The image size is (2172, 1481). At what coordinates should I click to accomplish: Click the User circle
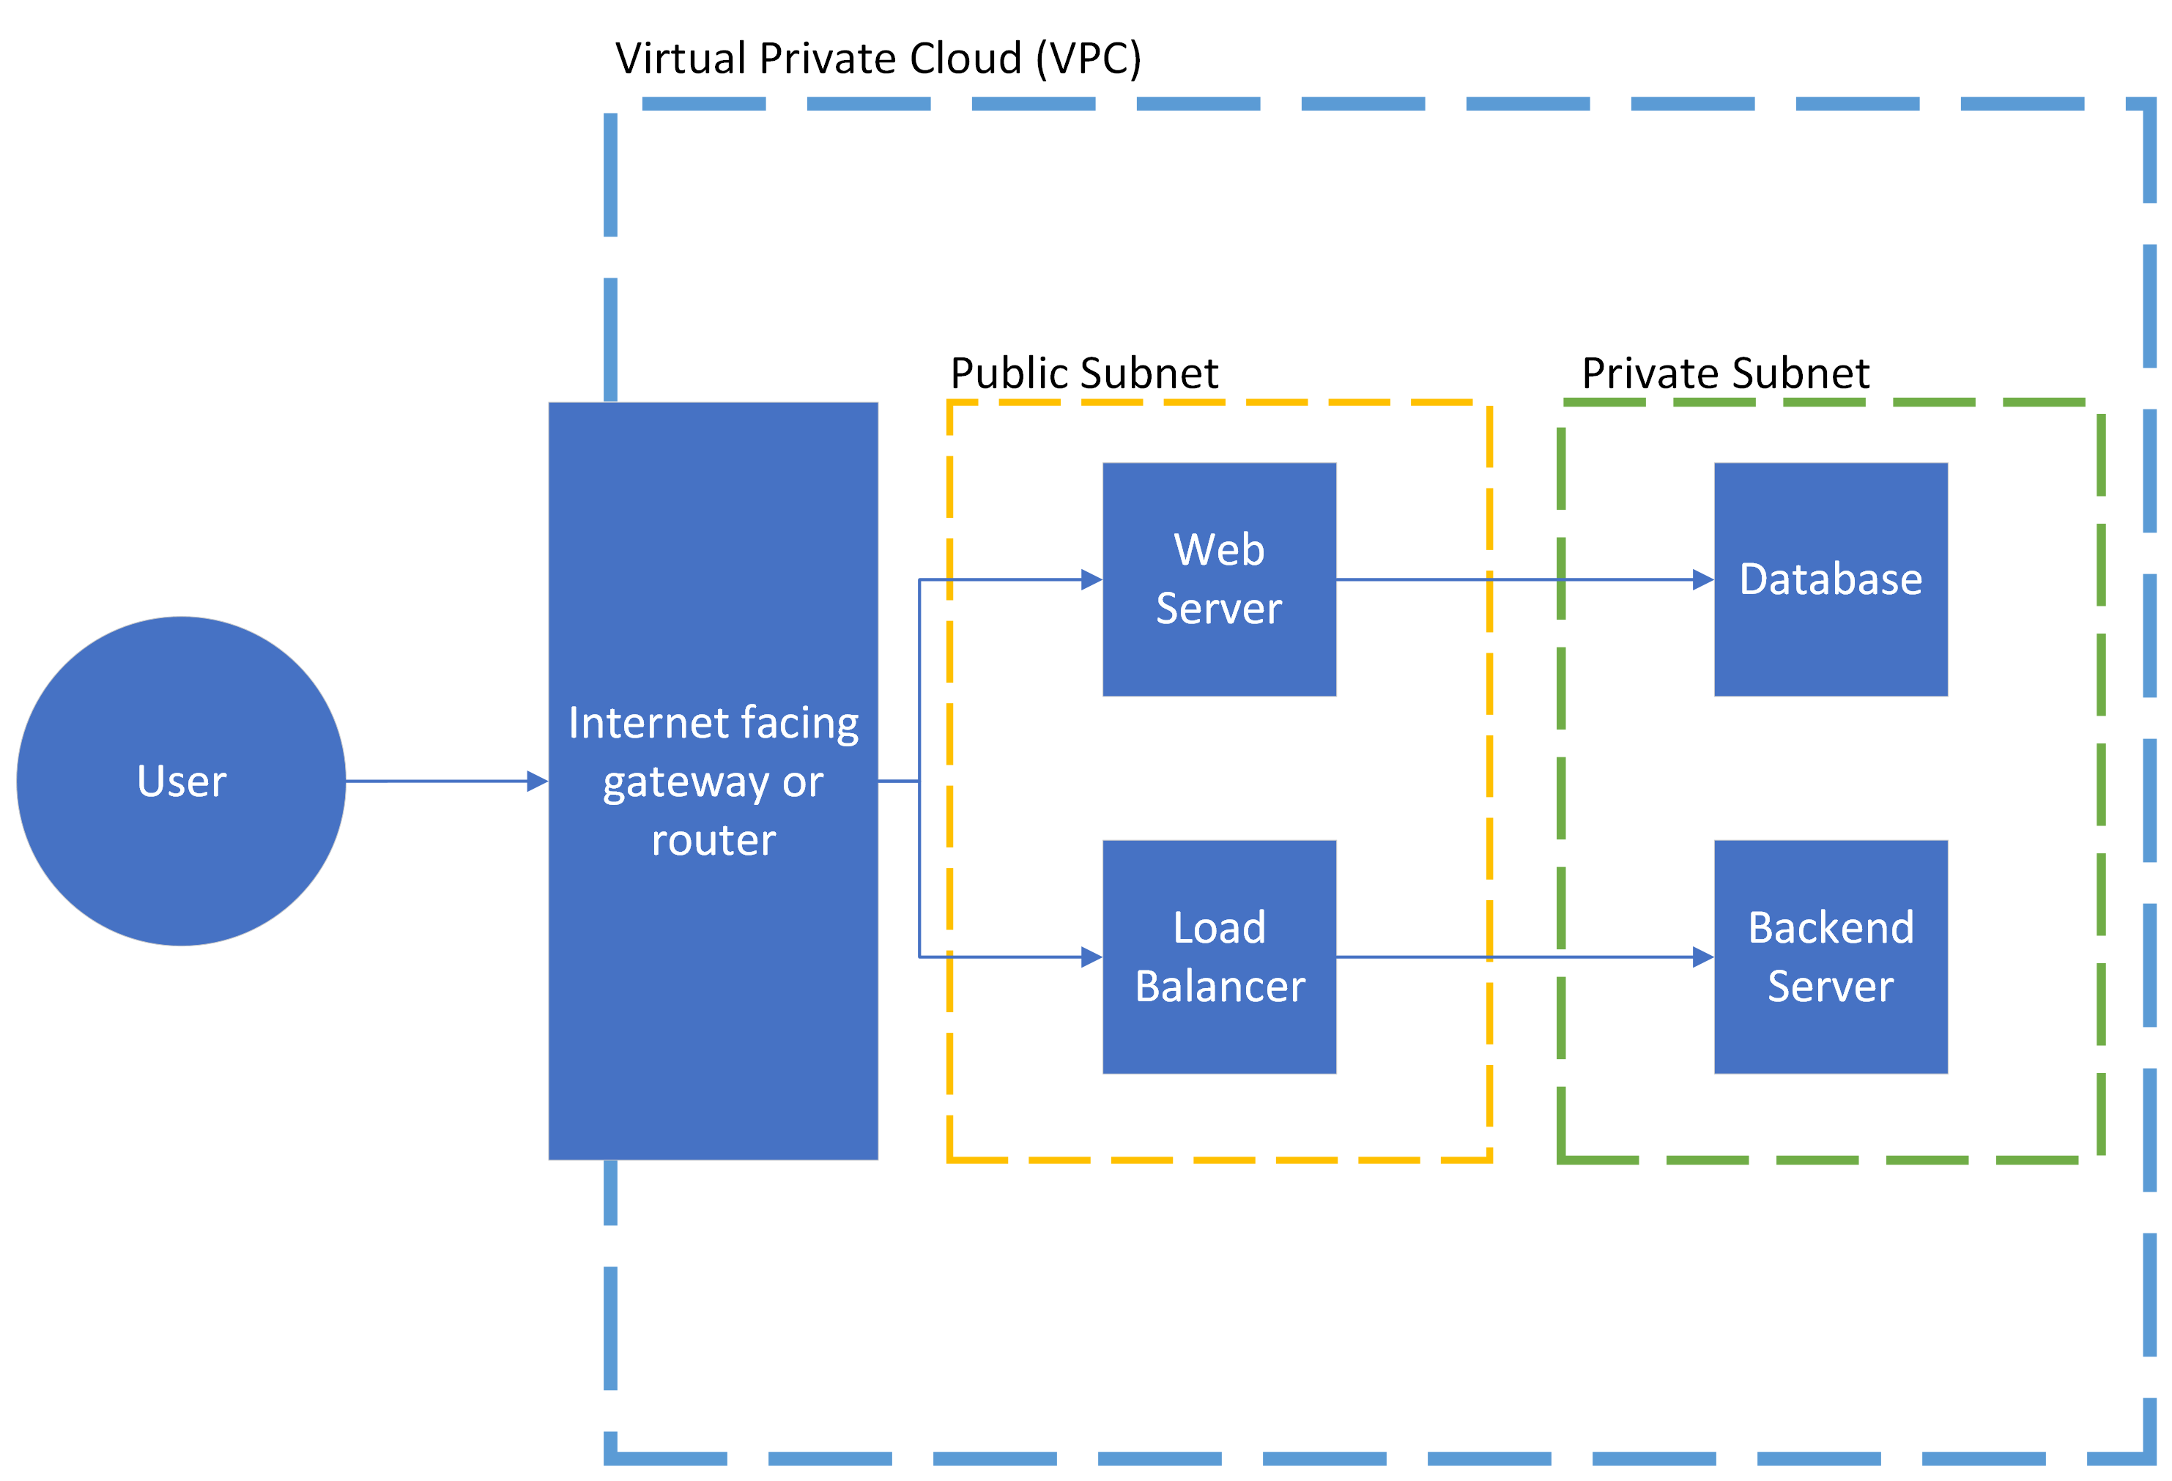point(182,780)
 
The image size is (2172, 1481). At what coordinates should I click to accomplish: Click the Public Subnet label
point(1084,374)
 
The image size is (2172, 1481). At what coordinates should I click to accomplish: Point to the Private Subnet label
point(1725,374)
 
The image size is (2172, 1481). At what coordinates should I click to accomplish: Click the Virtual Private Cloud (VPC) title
point(878,59)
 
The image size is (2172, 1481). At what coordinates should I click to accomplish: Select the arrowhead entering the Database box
point(1703,579)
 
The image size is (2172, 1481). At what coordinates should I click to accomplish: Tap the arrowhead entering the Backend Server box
point(1703,957)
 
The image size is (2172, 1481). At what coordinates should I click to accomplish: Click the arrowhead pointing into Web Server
point(1091,579)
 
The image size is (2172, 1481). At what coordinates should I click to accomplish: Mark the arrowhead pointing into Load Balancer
point(1091,957)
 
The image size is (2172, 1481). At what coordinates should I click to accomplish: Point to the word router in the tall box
point(713,841)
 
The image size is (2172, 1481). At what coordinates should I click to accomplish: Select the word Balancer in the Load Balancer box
point(1220,987)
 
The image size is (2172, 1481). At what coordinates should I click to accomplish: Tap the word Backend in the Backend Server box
point(1831,928)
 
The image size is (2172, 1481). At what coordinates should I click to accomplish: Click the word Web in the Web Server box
point(1219,549)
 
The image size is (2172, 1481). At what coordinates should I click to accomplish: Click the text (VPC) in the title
point(1088,59)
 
